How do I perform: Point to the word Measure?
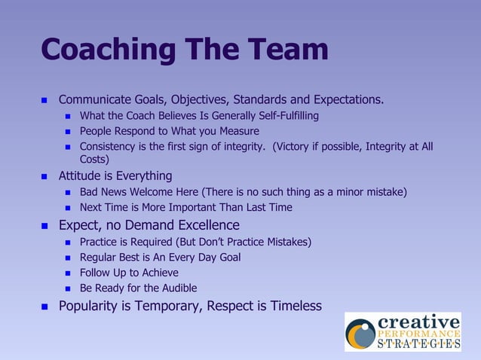tap(237, 131)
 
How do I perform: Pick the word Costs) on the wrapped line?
tap(95, 159)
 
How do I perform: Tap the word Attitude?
tap(81, 176)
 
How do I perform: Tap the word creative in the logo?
tap(418, 321)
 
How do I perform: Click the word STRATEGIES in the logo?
tap(418, 344)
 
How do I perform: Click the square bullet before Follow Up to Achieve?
tap(69, 273)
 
